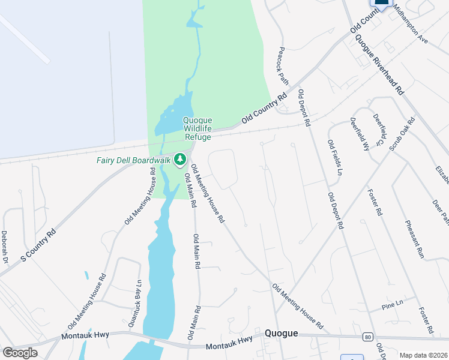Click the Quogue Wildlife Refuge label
(197, 128)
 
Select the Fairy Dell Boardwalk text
(133, 160)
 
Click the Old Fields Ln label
(334, 158)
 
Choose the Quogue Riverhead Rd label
(379, 63)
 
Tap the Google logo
(20, 353)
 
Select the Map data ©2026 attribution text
(423, 355)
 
